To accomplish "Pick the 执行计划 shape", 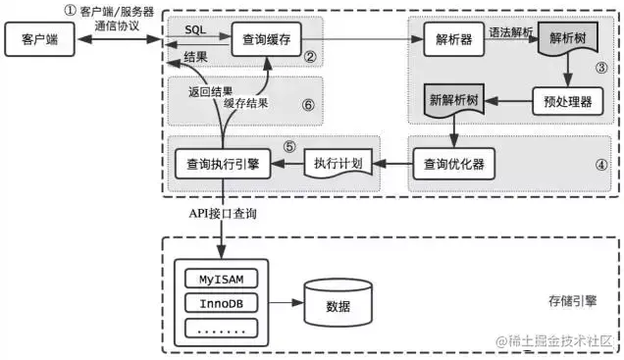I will tap(339, 164).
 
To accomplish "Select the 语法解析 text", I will tap(511, 32).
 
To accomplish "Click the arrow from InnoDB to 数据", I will tap(282, 302).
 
